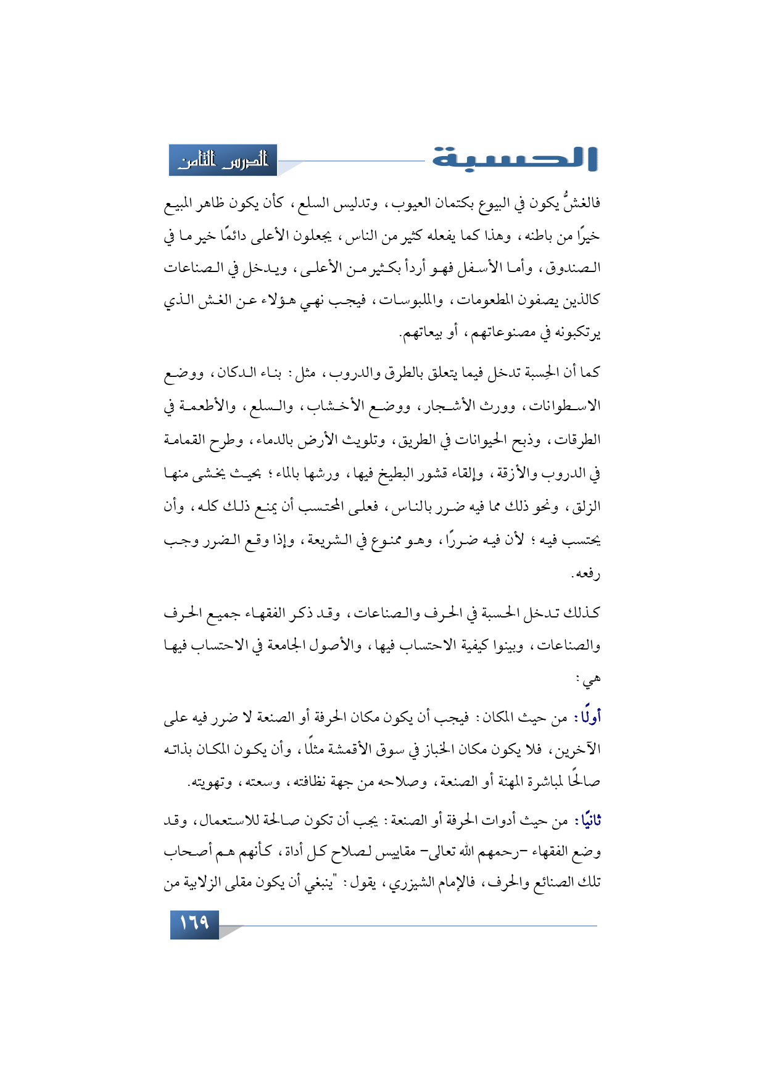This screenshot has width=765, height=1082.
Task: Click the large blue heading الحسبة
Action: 515,159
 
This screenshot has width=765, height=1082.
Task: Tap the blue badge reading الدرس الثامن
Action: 223,160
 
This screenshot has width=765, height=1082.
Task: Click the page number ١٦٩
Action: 194,923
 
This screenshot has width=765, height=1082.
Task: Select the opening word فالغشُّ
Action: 580,203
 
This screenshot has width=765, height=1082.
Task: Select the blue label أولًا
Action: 588,717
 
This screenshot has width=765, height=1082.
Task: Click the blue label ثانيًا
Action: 587,821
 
